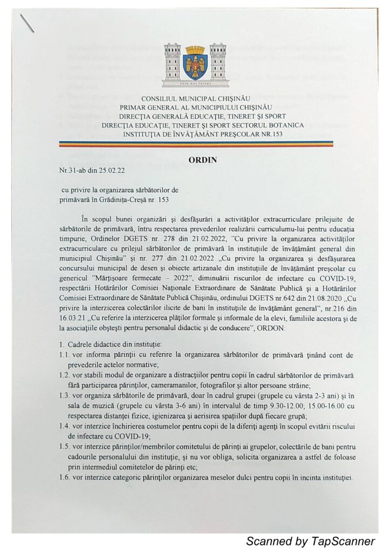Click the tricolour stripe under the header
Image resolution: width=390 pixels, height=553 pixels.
click(195, 145)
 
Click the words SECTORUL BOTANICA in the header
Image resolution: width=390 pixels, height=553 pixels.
click(276, 125)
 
